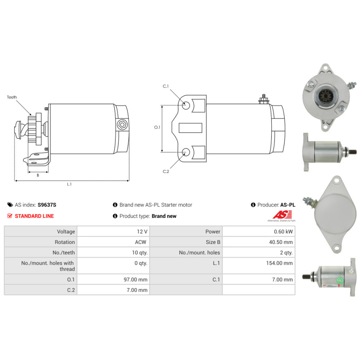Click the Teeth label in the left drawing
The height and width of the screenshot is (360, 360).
(x=12, y=97)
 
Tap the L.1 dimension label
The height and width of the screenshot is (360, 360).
(x=69, y=184)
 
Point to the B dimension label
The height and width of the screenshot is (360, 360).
(x=38, y=175)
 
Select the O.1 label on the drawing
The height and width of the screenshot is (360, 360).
(x=157, y=127)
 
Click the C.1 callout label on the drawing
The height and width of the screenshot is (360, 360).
(x=166, y=86)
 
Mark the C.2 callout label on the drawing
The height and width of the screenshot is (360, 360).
(x=166, y=171)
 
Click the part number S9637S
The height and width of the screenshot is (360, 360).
(x=47, y=205)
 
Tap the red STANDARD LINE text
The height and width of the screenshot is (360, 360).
(x=34, y=216)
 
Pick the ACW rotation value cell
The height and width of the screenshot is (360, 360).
(x=141, y=242)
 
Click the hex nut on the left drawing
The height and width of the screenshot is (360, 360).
(x=123, y=125)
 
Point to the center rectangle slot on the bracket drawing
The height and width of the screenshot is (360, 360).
(x=190, y=127)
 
